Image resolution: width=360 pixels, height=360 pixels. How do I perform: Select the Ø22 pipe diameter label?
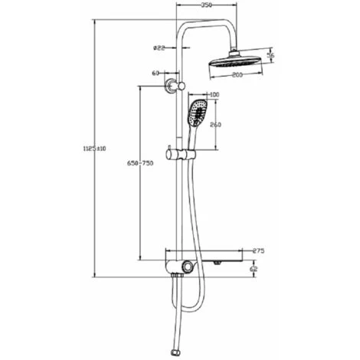point(159,47)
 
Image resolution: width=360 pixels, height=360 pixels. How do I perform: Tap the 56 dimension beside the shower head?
point(270,55)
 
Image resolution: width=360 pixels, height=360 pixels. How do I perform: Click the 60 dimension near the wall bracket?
point(156,74)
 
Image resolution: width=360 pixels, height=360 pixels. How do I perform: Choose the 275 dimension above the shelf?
point(258,250)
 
